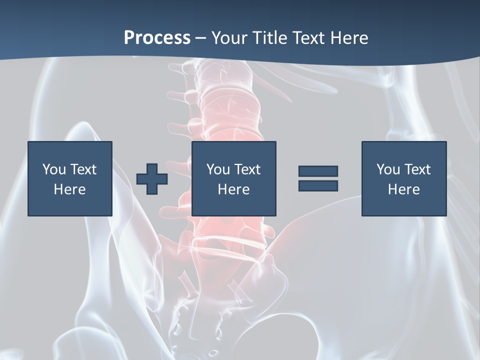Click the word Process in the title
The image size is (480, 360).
click(157, 38)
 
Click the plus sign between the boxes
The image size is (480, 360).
click(152, 178)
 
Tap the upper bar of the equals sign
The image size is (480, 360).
click(318, 171)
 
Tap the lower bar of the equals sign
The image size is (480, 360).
click(318, 185)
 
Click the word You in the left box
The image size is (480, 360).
click(54, 169)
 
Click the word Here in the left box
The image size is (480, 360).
click(70, 189)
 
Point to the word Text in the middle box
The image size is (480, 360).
click(247, 169)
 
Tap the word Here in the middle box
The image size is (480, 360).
click(234, 189)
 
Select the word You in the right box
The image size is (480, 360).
click(388, 169)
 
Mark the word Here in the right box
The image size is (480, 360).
click(404, 189)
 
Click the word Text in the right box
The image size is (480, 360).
click(417, 169)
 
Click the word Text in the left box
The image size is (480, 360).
click(83, 169)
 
